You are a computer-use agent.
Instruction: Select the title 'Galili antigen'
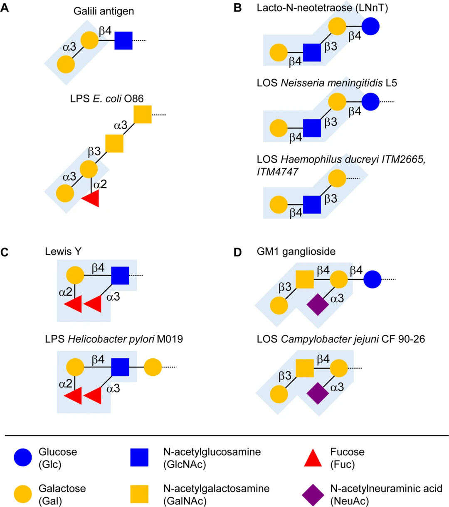(x=104, y=11)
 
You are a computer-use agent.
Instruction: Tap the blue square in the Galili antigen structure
(x=123, y=40)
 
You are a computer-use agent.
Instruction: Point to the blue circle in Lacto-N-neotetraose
(x=370, y=27)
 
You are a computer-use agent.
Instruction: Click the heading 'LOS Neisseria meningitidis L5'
(x=327, y=83)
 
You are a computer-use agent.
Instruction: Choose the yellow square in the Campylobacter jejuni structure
(x=305, y=368)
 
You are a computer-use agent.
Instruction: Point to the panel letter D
(x=237, y=252)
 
